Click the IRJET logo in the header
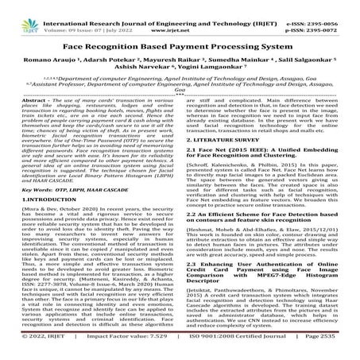pyautogui.click(x=29, y=14)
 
